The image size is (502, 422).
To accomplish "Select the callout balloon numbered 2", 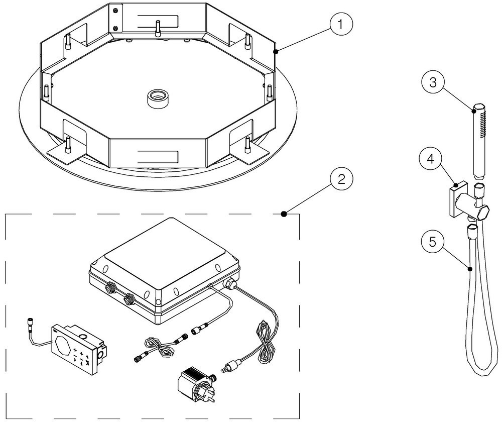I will click(341, 180).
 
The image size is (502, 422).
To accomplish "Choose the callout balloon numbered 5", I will click(433, 242).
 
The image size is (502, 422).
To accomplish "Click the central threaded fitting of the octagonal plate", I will click(157, 96).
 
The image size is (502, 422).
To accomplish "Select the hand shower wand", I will click(479, 141).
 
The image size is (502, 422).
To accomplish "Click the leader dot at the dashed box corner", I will click(284, 214).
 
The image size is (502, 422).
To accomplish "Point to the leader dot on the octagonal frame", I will click(276, 51).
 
